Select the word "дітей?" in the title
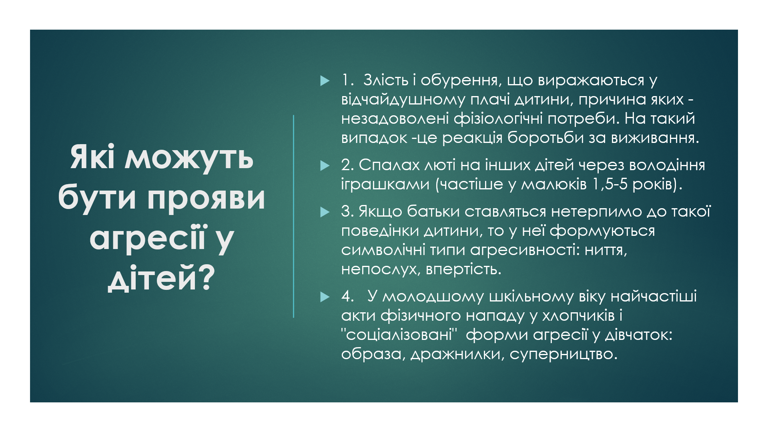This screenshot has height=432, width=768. pos(161,278)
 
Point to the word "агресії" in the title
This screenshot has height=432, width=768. pos(147,238)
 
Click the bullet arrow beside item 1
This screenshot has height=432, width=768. pos(325,81)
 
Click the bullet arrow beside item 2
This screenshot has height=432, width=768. pos(325,166)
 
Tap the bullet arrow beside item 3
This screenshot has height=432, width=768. pos(325,212)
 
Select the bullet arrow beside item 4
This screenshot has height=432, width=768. pos(325,297)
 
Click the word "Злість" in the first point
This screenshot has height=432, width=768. pos(386,80)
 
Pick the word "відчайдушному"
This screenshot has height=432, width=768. pos(403,100)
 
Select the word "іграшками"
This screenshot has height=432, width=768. pos(385,185)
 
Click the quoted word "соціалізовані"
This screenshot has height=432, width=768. pos(399,335)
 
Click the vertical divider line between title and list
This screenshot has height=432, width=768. pos(293,216)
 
